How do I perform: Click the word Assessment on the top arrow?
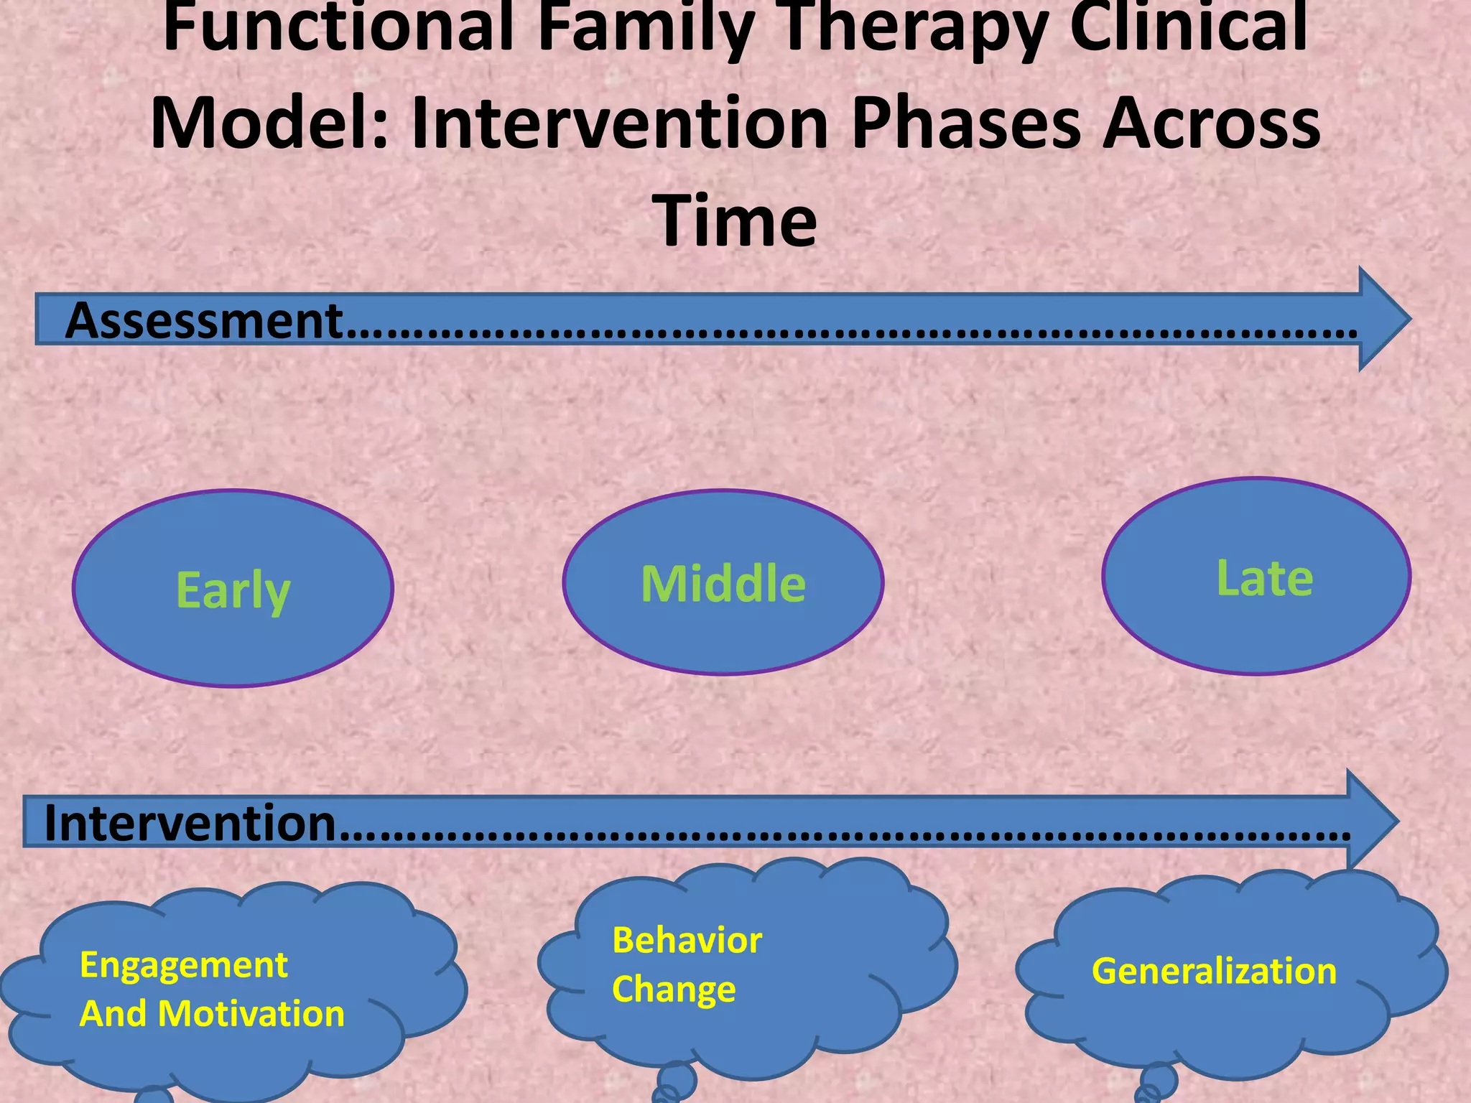203,321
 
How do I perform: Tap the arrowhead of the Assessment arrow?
1383,319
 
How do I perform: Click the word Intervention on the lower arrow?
190,823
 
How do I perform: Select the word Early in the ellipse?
233,591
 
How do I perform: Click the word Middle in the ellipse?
723,584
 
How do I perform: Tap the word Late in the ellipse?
1264,578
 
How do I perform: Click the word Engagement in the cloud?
184,964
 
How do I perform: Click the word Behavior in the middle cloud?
687,940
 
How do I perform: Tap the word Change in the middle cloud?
674,989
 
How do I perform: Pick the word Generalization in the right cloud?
1214,971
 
